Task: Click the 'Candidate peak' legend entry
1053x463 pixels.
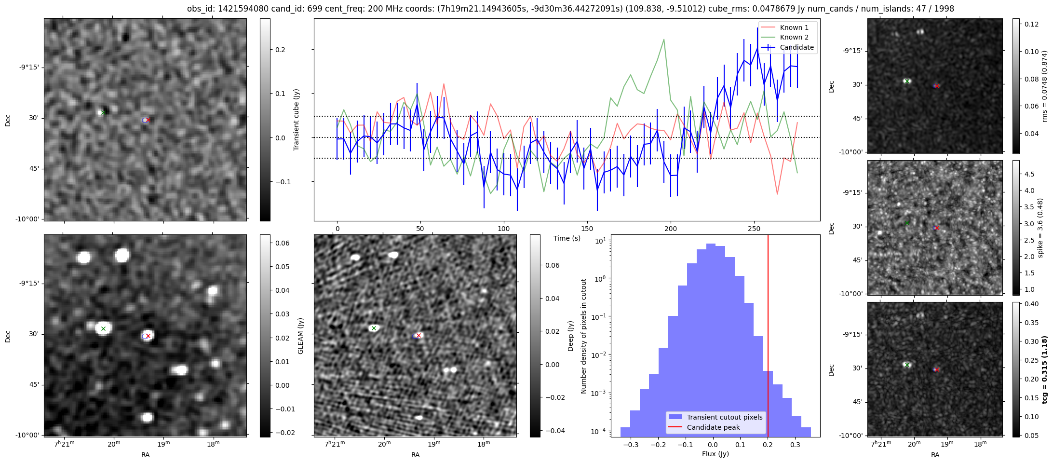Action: [713, 427]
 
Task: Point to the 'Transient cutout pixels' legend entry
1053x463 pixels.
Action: [725, 417]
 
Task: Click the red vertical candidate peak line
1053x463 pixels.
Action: [768, 338]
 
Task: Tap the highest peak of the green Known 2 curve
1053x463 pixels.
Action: [664, 40]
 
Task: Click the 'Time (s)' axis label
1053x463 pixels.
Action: [567, 238]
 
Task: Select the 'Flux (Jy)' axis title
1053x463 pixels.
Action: [715, 454]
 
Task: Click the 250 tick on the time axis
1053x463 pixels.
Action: [754, 229]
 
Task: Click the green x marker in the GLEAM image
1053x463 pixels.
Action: [103, 329]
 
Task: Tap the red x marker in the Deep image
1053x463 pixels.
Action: [418, 335]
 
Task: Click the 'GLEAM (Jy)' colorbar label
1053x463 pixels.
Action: [300, 336]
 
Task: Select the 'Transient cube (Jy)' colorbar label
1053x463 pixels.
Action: [297, 120]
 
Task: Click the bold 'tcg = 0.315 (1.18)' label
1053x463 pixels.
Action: [1044, 369]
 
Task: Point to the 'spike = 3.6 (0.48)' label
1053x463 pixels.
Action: [1040, 228]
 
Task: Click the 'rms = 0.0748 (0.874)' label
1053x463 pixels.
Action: [1044, 86]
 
